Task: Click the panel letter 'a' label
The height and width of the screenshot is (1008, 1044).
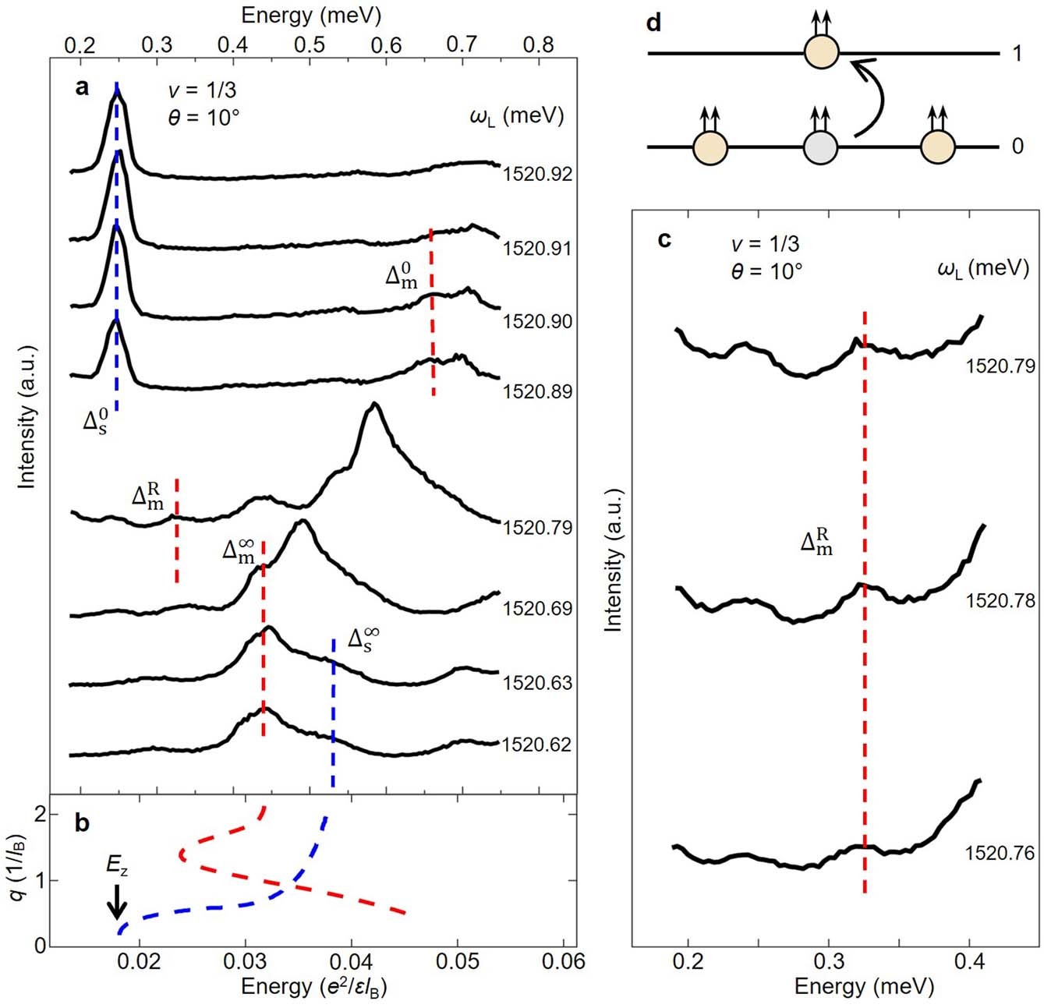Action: [82, 88]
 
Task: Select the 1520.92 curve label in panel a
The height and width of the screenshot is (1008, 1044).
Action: [537, 174]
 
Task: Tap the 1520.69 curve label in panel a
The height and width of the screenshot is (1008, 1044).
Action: [537, 608]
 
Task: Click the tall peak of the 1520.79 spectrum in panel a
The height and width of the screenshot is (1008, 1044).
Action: [375, 405]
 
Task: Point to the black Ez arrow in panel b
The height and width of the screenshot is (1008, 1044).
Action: [117, 901]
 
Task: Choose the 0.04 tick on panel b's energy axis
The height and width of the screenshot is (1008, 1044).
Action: [352, 960]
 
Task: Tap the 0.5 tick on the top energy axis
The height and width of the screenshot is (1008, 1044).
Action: [310, 44]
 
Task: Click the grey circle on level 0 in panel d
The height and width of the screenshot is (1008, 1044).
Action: [820, 147]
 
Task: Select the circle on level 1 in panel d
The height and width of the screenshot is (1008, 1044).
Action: [821, 53]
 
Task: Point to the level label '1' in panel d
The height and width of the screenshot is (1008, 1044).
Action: [1017, 54]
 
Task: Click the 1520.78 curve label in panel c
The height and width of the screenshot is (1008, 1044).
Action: [1000, 601]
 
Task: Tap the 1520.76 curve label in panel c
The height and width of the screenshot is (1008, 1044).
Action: [1000, 853]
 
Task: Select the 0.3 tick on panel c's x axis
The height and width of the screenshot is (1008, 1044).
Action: [829, 960]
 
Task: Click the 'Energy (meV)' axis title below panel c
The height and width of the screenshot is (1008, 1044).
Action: [863, 986]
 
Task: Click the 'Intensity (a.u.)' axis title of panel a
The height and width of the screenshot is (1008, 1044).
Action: [27, 416]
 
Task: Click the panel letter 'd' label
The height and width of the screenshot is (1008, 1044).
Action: [654, 23]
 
